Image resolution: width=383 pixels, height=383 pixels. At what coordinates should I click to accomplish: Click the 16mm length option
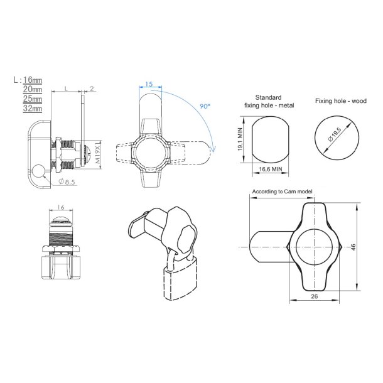click(33, 80)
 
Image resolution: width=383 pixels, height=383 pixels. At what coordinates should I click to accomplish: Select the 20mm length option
click(33, 90)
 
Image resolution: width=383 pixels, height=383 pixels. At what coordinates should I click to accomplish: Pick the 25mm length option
click(33, 99)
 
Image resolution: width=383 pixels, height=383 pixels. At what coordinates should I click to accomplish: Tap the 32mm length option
click(33, 109)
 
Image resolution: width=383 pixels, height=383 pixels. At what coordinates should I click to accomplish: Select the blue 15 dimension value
click(149, 84)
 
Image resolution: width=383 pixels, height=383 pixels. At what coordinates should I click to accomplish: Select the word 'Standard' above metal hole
click(269, 97)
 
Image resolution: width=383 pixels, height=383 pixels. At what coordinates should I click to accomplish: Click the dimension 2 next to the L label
click(92, 89)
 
